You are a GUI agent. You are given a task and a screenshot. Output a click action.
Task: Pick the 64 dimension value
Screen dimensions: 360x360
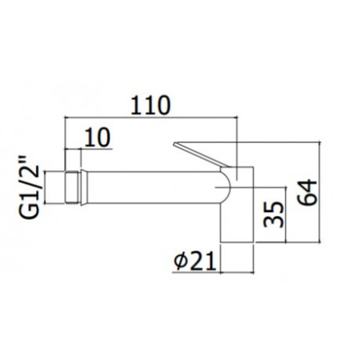[x=308, y=192]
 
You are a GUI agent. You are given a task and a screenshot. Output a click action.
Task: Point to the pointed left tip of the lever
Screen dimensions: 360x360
[x=174, y=145]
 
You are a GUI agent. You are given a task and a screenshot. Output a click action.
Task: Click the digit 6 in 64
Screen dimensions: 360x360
[x=308, y=201]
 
